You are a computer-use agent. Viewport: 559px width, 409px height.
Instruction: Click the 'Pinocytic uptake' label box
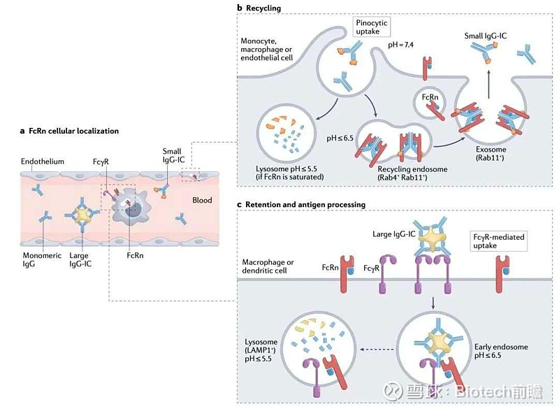pyautogui.click(x=371, y=29)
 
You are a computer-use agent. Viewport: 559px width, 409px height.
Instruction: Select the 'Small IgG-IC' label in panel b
pyautogui.click(x=488, y=35)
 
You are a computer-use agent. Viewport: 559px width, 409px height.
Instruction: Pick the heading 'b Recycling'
pyautogui.click(x=261, y=8)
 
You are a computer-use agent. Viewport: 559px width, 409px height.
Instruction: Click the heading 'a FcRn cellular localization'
pyautogui.click(x=69, y=131)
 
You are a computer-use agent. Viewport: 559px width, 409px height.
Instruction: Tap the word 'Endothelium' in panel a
pyautogui.click(x=42, y=162)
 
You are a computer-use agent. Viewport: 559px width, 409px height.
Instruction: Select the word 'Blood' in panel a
pyautogui.click(x=202, y=201)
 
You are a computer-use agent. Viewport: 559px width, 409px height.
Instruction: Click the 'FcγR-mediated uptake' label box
pyautogui.click(x=497, y=242)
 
